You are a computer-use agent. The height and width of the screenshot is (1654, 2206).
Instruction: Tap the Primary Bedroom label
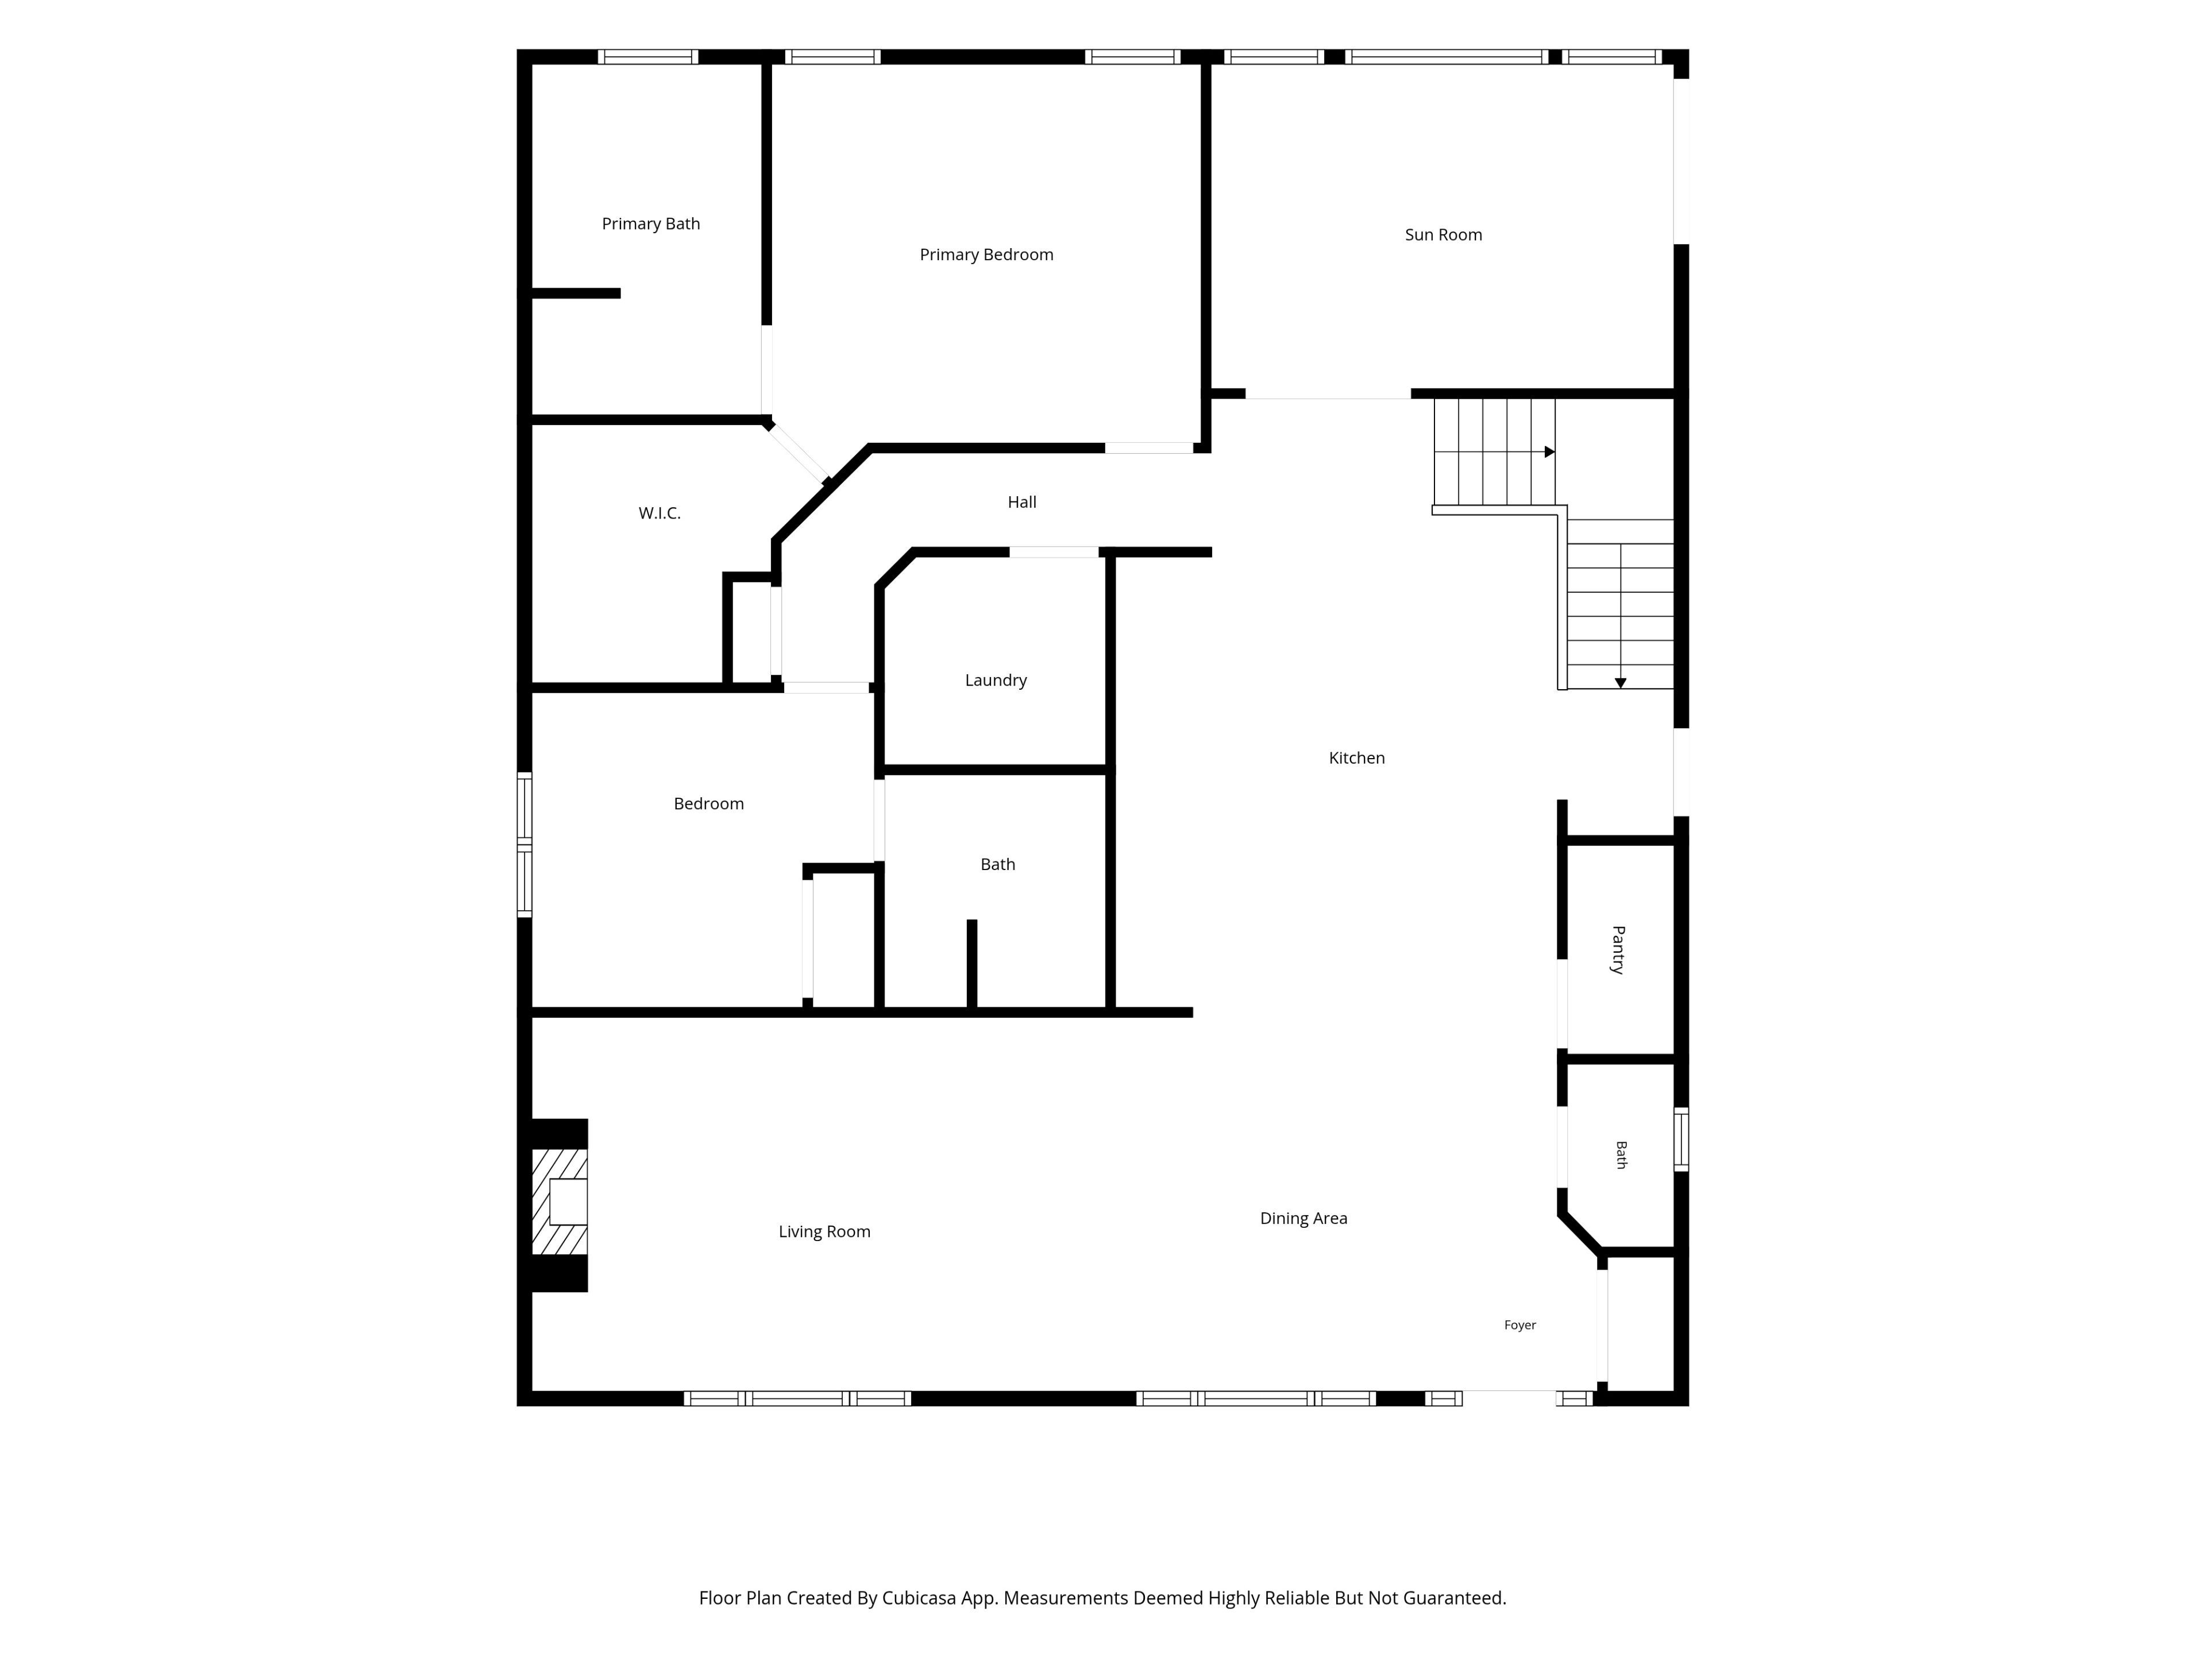[986, 254]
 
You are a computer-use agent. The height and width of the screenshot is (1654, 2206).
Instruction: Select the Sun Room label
[1443, 234]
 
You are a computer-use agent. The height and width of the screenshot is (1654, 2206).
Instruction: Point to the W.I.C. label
[659, 512]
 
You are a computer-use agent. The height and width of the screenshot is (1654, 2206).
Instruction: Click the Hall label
[1021, 501]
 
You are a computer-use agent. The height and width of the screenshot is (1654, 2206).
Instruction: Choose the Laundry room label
[996, 680]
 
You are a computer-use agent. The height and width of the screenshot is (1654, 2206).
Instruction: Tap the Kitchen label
[1356, 758]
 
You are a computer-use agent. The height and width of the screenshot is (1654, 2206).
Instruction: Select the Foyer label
[1520, 1325]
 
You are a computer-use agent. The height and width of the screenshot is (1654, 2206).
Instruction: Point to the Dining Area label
[1303, 1218]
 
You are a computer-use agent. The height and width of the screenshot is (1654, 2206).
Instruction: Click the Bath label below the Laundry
[997, 864]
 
